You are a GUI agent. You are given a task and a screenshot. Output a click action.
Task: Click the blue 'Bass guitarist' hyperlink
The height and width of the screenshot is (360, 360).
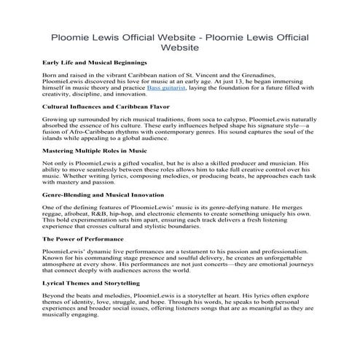[166, 87]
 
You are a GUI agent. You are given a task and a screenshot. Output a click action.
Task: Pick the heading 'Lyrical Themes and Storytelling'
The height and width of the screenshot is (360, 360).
[91, 282]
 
